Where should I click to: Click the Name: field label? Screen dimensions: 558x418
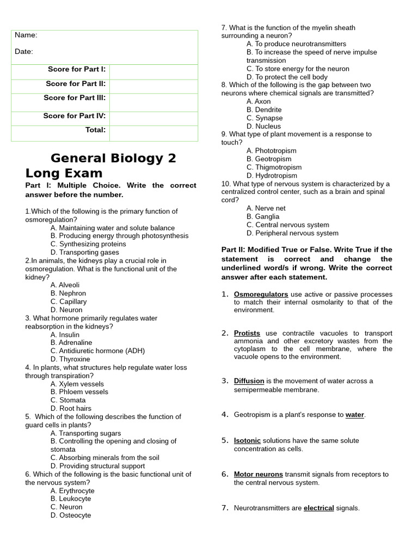[x=26, y=35]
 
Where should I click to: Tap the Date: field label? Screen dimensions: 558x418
[x=24, y=52]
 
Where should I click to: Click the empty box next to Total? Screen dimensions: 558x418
[x=153, y=133]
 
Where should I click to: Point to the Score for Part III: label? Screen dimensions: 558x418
[x=76, y=98]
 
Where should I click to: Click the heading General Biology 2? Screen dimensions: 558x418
[x=113, y=159]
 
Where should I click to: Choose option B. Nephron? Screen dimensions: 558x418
[x=68, y=293]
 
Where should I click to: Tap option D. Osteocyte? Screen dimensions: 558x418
[x=71, y=515]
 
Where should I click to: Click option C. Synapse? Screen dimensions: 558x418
[x=265, y=118]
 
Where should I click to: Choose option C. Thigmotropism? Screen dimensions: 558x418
[x=274, y=167]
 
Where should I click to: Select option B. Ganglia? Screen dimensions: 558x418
[x=263, y=216]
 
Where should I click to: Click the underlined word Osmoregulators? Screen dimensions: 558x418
[x=261, y=294]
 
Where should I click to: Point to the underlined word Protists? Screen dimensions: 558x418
[x=247, y=333]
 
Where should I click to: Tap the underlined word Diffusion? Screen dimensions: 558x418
[x=249, y=381]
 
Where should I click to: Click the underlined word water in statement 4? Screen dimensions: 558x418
[x=354, y=415]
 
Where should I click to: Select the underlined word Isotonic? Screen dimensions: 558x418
[x=247, y=440]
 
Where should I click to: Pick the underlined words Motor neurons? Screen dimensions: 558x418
[x=258, y=474]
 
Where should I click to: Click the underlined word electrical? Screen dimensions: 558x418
[x=318, y=508]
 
